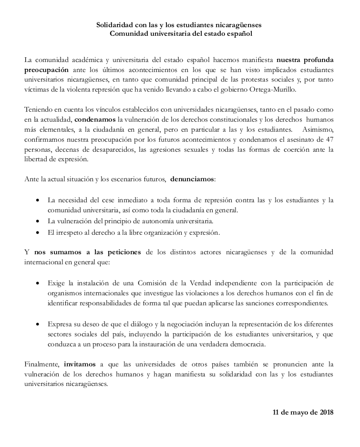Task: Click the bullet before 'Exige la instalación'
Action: pyautogui.click(x=38, y=282)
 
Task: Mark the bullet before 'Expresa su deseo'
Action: pyautogui.click(x=38, y=323)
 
